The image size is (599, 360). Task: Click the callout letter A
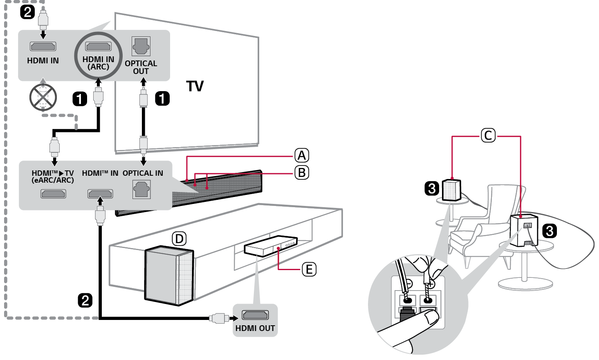tap(302, 155)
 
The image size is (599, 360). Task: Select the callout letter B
tap(302, 172)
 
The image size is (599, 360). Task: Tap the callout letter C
tap(488, 135)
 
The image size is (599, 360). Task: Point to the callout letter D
tap(179, 239)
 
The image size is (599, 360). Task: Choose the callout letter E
tap(309, 269)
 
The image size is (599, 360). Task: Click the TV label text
tap(195, 86)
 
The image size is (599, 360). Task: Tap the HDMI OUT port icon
tap(255, 315)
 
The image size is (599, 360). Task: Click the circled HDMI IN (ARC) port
tap(98, 47)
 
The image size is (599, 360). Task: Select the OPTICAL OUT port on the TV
tap(141, 47)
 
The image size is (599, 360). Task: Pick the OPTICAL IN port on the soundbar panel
tap(141, 190)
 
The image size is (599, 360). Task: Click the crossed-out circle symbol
tap(43, 97)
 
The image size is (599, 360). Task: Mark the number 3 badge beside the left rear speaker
tap(432, 188)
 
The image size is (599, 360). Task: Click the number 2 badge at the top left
tap(27, 11)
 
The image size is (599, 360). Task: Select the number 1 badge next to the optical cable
tap(162, 98)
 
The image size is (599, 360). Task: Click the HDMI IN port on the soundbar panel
tap(100, 193)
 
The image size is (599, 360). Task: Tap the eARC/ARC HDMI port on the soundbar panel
tap(53, 193)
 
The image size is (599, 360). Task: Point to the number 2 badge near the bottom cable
tap(85, 300)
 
